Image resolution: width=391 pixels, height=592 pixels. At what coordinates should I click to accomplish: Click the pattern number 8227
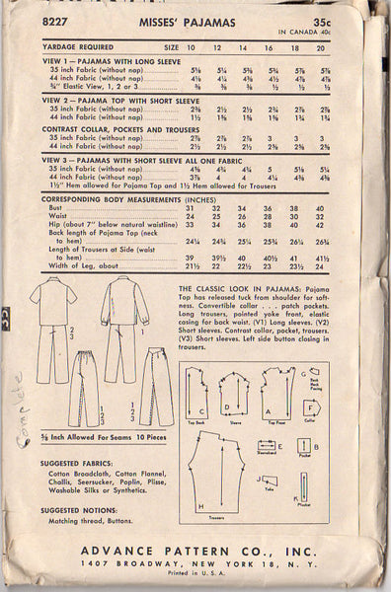coord(41,15)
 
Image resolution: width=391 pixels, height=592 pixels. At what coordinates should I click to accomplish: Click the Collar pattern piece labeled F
coord(314,404)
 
